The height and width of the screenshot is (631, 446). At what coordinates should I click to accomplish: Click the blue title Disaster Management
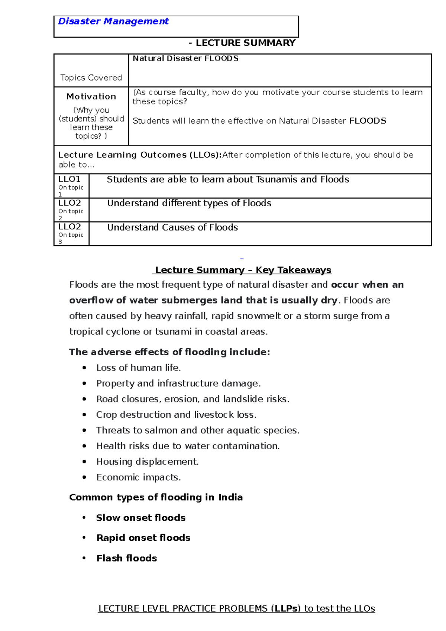113,22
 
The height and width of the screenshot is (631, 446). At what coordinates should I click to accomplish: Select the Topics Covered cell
91,78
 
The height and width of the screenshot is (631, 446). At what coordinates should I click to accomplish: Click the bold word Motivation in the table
91,97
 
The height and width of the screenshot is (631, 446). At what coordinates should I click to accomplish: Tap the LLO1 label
69,179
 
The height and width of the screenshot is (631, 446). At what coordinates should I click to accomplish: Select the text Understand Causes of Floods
172,227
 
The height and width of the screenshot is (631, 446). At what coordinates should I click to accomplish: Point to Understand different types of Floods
189,203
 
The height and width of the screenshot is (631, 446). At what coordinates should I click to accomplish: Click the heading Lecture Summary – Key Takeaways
243,270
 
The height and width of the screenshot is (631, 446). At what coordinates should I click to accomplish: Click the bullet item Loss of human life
138,368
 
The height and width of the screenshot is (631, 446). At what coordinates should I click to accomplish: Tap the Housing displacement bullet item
147,462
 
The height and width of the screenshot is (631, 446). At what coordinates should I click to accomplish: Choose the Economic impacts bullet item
138,477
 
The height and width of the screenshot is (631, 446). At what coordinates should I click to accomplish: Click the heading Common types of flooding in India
156,497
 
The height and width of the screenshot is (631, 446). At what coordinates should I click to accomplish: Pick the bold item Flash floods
126,558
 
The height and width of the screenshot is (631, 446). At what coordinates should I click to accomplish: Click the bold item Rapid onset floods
143,538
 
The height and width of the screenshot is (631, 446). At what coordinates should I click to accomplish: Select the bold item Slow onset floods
140,518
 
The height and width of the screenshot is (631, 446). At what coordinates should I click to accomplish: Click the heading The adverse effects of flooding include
169,352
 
